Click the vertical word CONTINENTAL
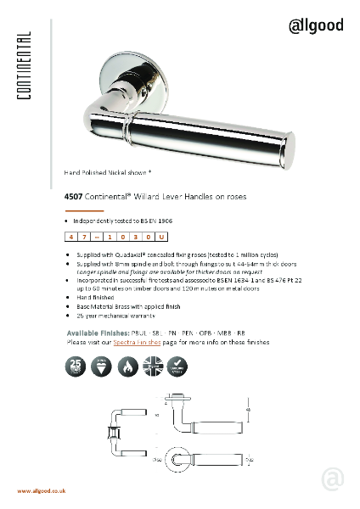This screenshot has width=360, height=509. tap(24, 67)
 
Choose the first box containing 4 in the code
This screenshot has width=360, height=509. tap(72, 238)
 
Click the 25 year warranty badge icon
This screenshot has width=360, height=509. tap(76, 367)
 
